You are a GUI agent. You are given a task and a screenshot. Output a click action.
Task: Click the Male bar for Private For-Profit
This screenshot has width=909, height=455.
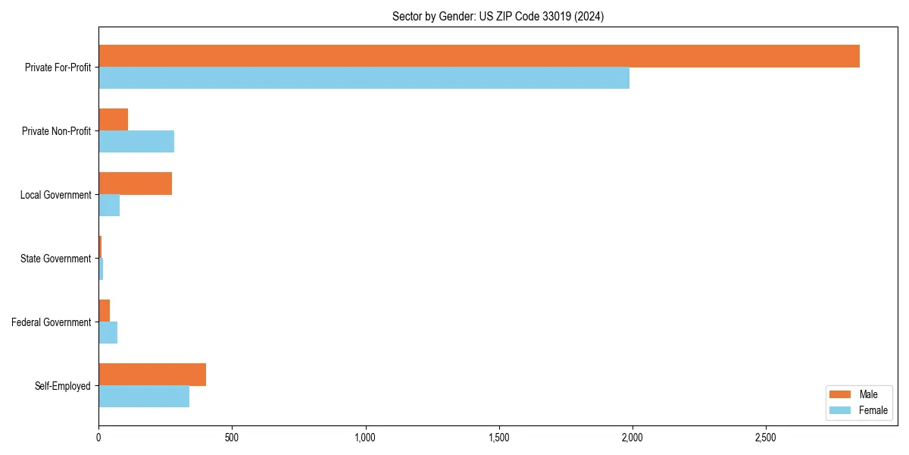coord(479,56)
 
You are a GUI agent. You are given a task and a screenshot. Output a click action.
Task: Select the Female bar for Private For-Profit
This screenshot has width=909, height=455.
coord(364,78)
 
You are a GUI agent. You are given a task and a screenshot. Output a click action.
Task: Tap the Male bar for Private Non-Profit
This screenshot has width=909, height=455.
coord(113,120)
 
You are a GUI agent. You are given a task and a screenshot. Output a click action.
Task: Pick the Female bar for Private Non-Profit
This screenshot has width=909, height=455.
coord(136,142)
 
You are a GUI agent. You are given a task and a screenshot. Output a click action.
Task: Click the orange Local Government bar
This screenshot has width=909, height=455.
coord(135,184)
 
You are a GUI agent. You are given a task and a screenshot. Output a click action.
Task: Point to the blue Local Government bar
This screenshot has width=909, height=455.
coord(109,206)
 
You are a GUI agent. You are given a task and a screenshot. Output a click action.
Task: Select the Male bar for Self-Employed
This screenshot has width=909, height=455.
coord(152,375)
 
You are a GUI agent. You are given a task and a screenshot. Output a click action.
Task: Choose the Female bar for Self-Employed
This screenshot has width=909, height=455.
coord(144,397)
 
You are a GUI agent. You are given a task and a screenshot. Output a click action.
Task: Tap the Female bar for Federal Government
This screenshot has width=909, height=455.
coord(108,333)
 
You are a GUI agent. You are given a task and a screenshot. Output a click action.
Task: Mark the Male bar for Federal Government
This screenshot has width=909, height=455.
coord(104,311)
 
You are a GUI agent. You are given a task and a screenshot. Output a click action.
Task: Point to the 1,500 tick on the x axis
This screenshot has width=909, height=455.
coord(498,438)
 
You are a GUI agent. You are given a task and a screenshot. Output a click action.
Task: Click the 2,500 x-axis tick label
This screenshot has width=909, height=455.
coord(765,438)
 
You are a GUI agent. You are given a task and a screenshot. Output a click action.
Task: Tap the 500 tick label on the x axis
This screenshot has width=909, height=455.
coord(232,438)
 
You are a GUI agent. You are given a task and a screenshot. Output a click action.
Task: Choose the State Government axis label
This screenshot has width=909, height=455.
coord(55,259)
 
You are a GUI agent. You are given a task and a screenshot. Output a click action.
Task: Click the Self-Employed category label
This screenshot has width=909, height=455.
coord(62,386)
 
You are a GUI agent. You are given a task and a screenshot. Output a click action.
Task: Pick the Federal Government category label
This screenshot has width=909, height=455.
coord(51,322)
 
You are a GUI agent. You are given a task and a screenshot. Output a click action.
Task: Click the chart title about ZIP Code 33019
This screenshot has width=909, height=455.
coord(498,16)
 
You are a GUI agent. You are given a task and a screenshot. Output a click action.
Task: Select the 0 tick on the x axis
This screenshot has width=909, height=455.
coord(98,438)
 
